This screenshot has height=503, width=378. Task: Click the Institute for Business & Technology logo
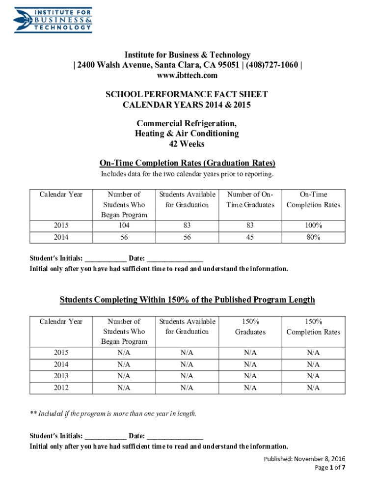click(x=53, y=20)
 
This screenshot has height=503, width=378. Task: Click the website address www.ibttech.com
click(x=187, y=76)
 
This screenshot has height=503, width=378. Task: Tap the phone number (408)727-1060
click(x=270, y=65)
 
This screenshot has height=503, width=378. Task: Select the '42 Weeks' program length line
click(x=187, y=144)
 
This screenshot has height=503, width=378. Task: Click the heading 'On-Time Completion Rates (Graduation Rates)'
click(x=187, y=163)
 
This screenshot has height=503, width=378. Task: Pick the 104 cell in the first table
click(x=124, y=225)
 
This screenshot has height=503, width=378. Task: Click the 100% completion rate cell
click(x=313, y=225)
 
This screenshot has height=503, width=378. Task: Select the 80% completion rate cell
click(x=313, y=237)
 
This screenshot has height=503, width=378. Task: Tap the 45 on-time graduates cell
click(x=250, y=237)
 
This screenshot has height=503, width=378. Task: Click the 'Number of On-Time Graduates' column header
click(x=250, y=199)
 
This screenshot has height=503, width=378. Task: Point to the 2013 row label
click(x=61, y=376)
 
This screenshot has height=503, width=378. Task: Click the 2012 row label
click(x=61, y=388)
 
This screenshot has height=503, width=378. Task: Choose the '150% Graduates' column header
click(x=250, y=327)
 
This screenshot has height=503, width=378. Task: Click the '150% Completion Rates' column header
click(x=313, y=327)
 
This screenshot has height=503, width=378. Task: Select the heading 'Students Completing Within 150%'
click(x=187, y=300)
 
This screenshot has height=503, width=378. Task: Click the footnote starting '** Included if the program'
click(x=113, y=414)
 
